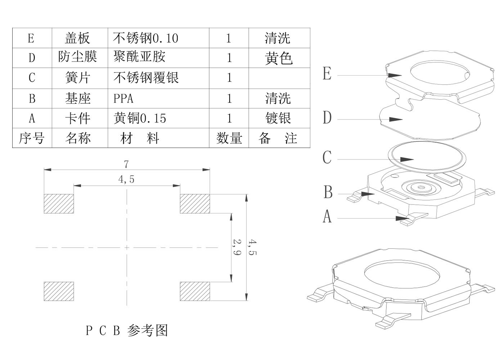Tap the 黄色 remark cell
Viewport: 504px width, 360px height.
[x=279, y=58]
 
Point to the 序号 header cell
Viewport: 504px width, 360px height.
[x=32, y=138]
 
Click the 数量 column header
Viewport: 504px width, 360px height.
[x=229, y=138]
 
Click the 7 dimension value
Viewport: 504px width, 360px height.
[x=126, y=165]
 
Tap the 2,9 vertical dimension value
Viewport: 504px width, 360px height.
[x=237, y=247]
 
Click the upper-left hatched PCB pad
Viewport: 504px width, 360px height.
[x=59, y=203]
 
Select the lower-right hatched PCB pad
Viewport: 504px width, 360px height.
[x=195, y=291]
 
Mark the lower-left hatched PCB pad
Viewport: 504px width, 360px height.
[x=59, y=291]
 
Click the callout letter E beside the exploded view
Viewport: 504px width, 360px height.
[x=327, y=74]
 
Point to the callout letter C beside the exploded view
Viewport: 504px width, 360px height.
[x=327, y=158]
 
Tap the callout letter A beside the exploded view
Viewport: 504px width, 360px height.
[x=327, y=217]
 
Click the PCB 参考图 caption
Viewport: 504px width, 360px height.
[x=127, y=330]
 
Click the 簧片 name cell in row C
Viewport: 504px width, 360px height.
[x=78, y=78]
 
